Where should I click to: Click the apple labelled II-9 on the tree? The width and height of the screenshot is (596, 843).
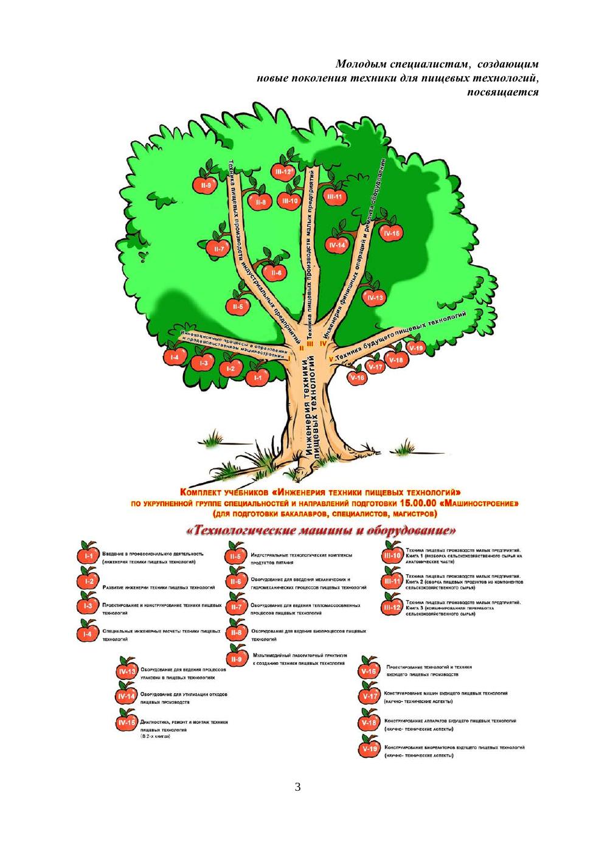coord(205,186)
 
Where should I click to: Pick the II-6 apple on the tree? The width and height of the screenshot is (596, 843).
coord(276,273)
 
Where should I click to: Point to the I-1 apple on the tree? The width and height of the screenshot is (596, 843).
coord(258,378)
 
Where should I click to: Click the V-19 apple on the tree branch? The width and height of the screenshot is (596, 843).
coord(416,349)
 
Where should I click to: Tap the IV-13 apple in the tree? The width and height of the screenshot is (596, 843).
coord(375,298)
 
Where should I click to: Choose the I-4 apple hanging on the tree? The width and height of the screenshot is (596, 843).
coord(175,358)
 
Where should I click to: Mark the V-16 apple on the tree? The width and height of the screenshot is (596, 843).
coord(358,378)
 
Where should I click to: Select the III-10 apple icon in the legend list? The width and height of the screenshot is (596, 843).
coord(391,555)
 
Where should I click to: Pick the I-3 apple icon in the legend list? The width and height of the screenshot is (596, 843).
coord(89,606)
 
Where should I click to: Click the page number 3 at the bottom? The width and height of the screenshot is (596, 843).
coord(297,788)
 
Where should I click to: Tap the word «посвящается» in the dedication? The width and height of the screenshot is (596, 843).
coord(503,92)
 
